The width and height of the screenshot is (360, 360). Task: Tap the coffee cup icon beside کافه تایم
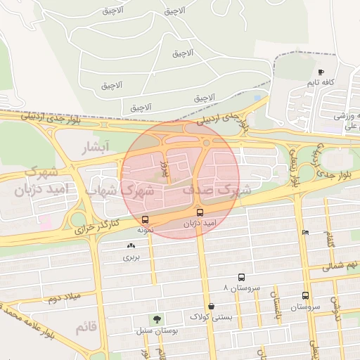pos(321,72)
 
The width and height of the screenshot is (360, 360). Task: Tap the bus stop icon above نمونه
pos(145,219)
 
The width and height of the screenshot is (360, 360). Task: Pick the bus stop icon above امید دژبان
pos(200,212)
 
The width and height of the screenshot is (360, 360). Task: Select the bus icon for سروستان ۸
pos(242,278)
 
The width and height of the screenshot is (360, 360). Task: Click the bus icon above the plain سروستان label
pos(305,296)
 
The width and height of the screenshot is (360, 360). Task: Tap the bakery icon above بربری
pos(131,246)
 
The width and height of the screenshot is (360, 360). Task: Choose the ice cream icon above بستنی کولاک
pos(211,307)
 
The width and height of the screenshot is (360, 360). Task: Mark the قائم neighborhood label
pos(86,327)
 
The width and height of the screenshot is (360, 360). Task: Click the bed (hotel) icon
pos(304,233)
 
